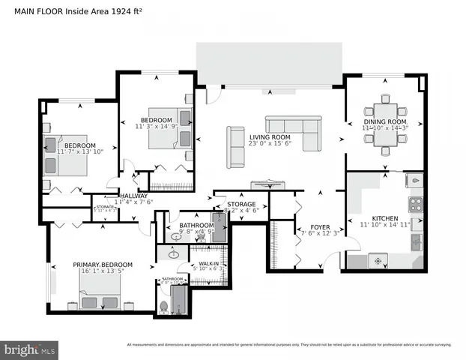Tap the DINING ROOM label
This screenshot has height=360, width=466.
coord(385,121)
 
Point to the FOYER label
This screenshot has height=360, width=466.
coord(309,224)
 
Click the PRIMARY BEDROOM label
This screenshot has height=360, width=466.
coord(103,265)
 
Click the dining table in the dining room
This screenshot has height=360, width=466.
coord(386,124)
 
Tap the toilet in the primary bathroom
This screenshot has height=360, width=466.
coord(164,307)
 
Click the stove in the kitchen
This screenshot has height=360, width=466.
coord(414,203)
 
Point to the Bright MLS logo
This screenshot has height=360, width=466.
coord(29,349)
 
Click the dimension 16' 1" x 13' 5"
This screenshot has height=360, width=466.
coord(103,273)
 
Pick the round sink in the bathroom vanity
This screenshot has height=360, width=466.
coord(174,255)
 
